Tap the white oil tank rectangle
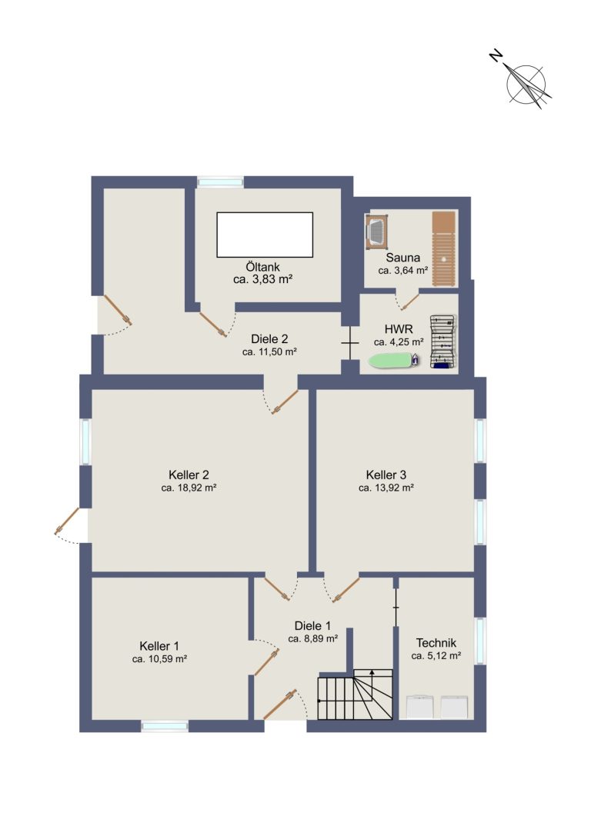(x=265, y=235)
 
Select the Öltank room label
(x=263, y=267)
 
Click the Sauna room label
(x=402, y=258)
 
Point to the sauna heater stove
(x=377, y=231)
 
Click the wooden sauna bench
(x=444, y=248)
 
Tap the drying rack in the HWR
(x=444, y=341)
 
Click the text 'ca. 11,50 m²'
(x=269, y=352)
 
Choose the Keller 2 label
(x=189, y=475)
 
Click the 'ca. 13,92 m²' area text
(x=386, y=488)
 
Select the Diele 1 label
(x=312, y=625)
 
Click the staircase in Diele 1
(x=356, y=694)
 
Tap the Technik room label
(x=436, y=642)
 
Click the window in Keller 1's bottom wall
(x=165, y=725)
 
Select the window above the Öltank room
(x=220, y=182)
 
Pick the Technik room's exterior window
(x=481, y=641)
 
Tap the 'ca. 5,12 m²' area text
(x=436, y=656)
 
